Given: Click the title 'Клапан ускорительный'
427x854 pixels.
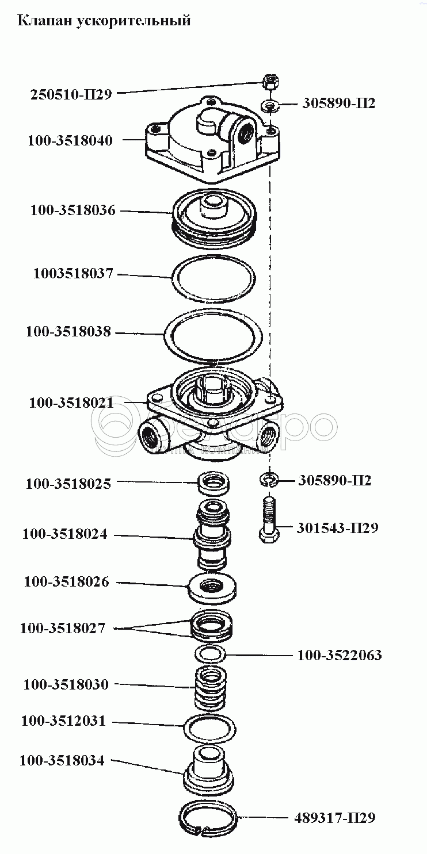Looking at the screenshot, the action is click(x=104, y=22).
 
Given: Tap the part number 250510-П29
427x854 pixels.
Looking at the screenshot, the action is click(x=70, y=94).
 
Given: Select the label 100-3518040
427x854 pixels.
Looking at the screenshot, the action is click(x=70, y=140).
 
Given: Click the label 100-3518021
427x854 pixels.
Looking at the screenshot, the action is click(x=71, y=403).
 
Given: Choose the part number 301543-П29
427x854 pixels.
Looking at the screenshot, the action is click(x=338, y=527).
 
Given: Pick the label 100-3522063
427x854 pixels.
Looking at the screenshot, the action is click(x=340, y=655).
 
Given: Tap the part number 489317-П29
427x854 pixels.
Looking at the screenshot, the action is click(x=334, y=817).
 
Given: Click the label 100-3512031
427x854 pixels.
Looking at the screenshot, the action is click(x=63, y=721).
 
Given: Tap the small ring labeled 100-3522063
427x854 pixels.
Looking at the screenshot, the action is click(x=210, y=654).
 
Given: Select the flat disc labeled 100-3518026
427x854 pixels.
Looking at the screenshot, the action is click(x=213, y=588).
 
